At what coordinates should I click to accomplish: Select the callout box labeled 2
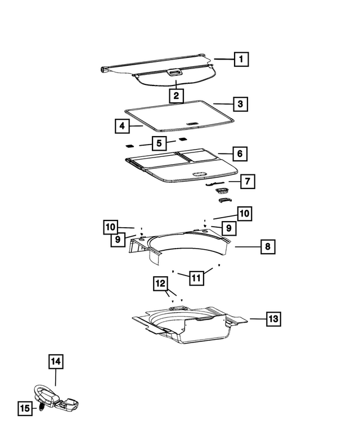tap(176, 96)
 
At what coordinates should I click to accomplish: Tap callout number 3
tap(240, 104)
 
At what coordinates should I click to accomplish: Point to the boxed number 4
tap(121, 126)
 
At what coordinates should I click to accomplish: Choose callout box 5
tap(159, 143)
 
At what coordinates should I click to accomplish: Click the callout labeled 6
tap(239, 154)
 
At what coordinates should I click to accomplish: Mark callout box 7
tap(247, 182)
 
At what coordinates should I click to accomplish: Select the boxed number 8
tap(268, 246)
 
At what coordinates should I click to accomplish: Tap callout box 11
tap(196, 277)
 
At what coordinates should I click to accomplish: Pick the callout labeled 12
tap(160, 284)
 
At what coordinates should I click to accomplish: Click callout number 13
tap(272, 319)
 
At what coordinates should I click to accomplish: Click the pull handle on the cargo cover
tap(174, 72)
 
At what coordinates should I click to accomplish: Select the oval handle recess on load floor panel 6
tap(200, 174)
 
